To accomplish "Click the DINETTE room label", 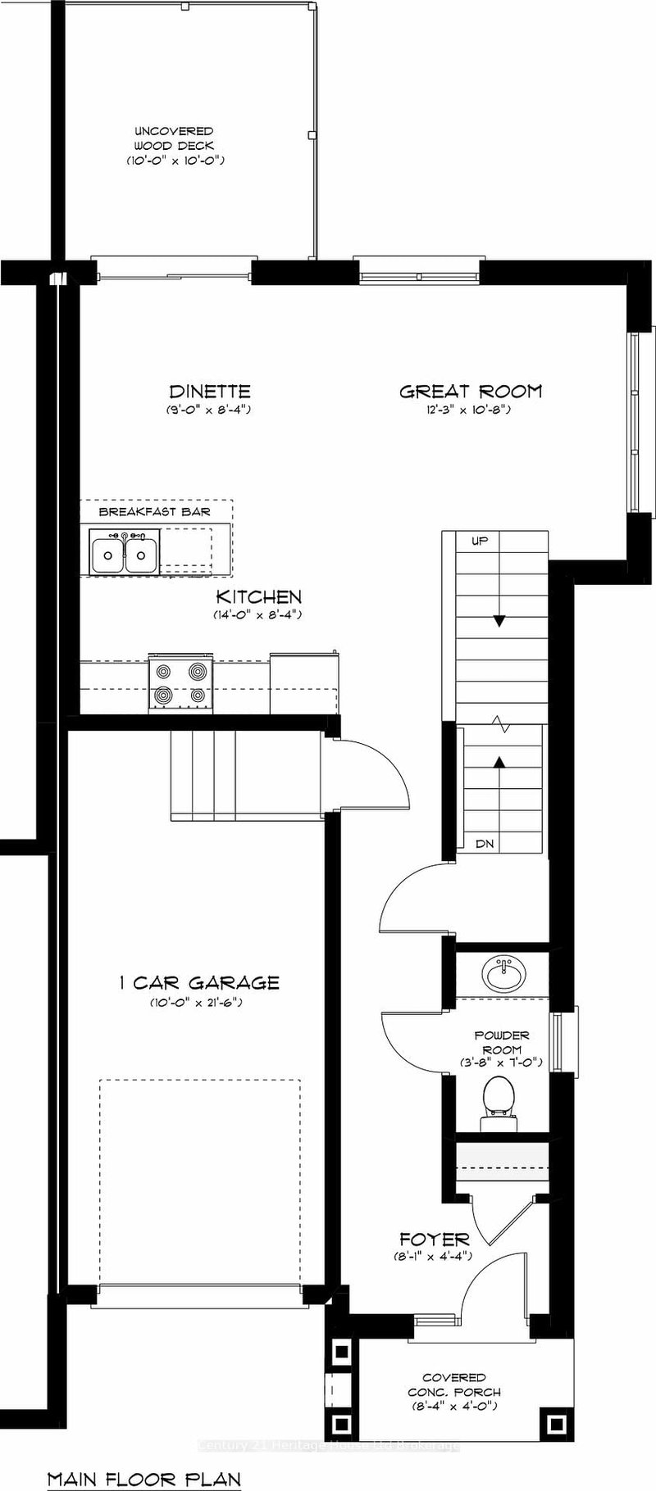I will coord(209,392).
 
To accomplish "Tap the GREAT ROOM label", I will coord(470,392).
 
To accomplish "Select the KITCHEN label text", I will coord(258,597).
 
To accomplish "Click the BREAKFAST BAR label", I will coord(154,512).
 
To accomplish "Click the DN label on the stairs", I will coord(485,843).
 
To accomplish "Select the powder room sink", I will coord(501,975).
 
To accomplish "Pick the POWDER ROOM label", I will coord(502,1042).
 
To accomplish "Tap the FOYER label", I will coord(434,1239).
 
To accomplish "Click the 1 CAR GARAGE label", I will coord(196,982).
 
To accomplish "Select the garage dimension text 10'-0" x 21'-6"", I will coord(196,1003).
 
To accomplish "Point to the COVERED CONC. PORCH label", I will coord(453,1384).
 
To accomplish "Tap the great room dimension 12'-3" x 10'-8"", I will coord(470,410).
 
